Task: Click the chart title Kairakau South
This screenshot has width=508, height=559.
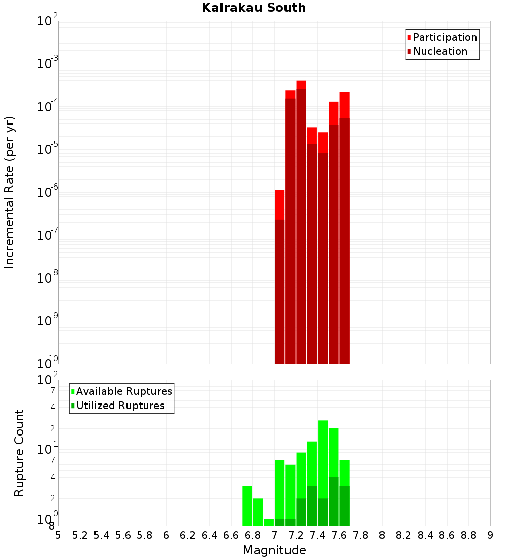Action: click(x=253, y=8)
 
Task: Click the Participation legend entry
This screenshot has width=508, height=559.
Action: click(x=444, y=37)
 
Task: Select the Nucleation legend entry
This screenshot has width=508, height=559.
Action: click(x=440, y=51)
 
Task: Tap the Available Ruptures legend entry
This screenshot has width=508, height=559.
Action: click(x=124, y=391)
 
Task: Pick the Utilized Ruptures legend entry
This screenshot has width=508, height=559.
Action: click(x=120, y=406)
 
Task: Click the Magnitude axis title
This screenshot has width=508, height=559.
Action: click(x=274, y=550)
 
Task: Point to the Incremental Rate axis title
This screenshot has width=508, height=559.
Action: click(x=10, y=192)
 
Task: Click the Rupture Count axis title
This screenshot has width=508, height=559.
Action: click(x=19, y=452)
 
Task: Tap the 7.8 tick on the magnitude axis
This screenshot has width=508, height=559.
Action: click(x=361, y=535)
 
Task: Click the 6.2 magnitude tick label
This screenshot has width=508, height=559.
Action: click(x=187, y=535)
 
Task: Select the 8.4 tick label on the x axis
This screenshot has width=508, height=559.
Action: click(x=426, y=535)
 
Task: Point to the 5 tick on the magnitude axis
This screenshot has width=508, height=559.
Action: click(x=58, y=535)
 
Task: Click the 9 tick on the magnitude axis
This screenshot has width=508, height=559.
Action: click(x=490, y=535)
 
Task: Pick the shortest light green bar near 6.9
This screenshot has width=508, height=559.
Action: click(x=269, y=522)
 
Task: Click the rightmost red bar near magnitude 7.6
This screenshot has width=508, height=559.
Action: click(x=344, y=229)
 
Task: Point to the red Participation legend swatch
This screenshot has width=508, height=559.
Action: click(x=409, y=38)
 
